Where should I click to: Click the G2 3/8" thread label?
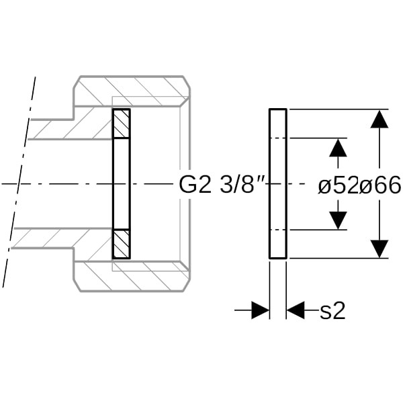[222, 185]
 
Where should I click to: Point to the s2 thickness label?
[332, 311]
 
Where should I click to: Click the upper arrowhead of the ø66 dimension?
[379, 119]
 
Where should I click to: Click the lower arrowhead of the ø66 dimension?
[379, 249]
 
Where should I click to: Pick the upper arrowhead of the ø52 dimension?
[338, 148]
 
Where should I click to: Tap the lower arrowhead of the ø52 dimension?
[338, 220]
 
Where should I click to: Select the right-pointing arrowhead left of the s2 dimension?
[260, 310]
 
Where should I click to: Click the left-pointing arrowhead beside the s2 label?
[296, 310]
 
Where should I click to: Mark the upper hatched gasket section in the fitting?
[122, 124]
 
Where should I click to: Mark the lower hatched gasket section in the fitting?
[122, 244]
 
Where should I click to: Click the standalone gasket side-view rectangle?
[278, 184]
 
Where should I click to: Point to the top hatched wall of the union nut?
[132, 91]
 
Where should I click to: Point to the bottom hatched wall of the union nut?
[132, 277]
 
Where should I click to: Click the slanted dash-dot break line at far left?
[19, 182]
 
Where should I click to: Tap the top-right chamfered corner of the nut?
[187, 82]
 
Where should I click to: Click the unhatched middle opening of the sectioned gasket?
[122, 184]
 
